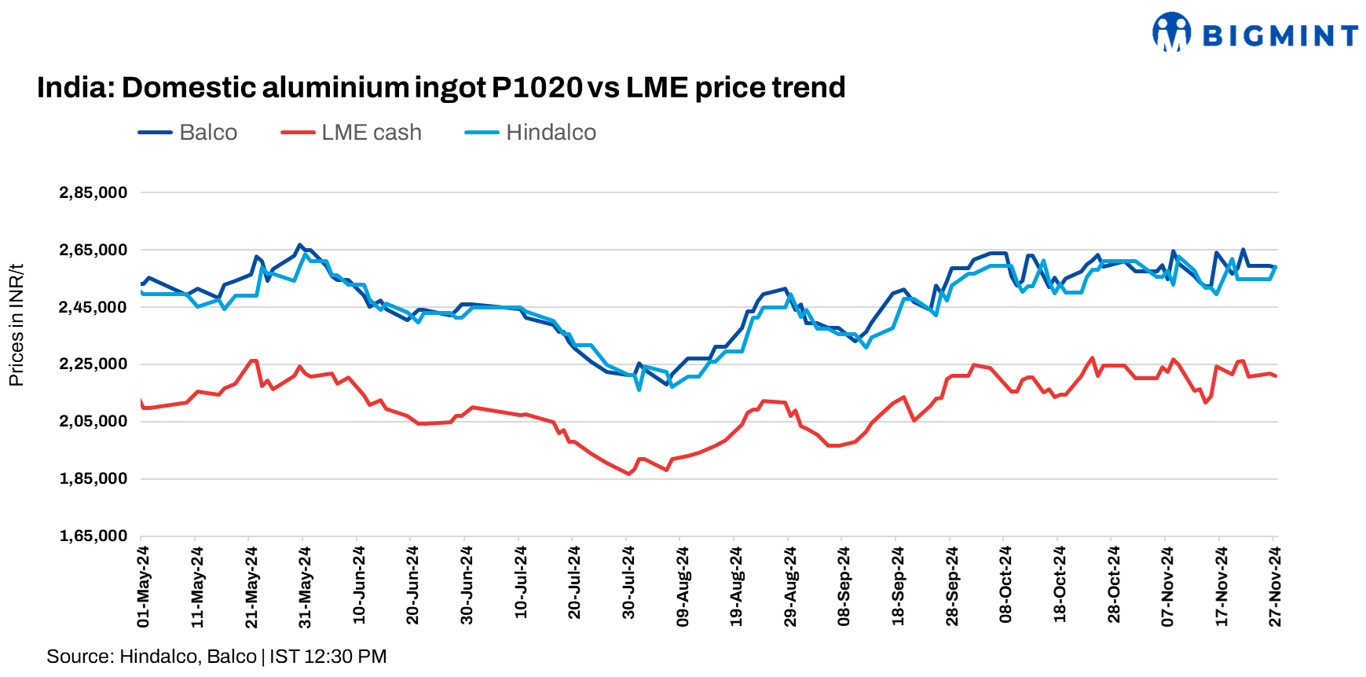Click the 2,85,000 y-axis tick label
point(93,192)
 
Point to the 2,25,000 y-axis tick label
point(93,364)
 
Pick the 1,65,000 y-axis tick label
point(93,536)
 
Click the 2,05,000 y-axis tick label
point(93,421)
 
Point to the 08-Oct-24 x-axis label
point(1005,585)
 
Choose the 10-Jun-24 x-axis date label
point(359,585)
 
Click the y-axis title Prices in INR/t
point(16,325)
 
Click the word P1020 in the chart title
point(537,87)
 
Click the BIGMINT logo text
point(1280,35)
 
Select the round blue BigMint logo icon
point(1171,32)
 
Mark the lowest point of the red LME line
point(628,474)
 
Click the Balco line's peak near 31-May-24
point(299,245)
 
